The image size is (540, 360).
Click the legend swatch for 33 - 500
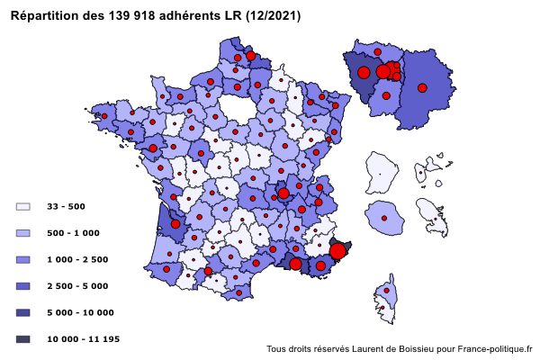pyautogui.click(x=23, y=207)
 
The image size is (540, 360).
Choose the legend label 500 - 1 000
pyautogui.click(x=73, y=233)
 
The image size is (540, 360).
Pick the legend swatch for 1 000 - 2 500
pyautogui.click(x=23, y=259)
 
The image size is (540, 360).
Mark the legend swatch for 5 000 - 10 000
pyautogui.click(x=23, y=312)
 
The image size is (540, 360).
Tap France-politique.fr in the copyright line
pyautogui.click(x=495, y=349)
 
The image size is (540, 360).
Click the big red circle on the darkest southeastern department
pyautogui.click(x=337, y=251)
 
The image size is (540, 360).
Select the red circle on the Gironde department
pyautogui.click(x=175, y=223)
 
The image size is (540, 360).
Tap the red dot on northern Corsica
pyautogui.click(x=388, y=291)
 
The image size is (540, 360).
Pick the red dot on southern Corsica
pyautogui.click(x=383, y=309)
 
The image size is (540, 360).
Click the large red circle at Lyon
pyautogui.click(x=283, y=193)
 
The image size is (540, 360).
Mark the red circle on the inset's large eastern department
pyautogui.click(x=421, y=87)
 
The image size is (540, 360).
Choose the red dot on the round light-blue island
pyautogui.click(x=384, y=218)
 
